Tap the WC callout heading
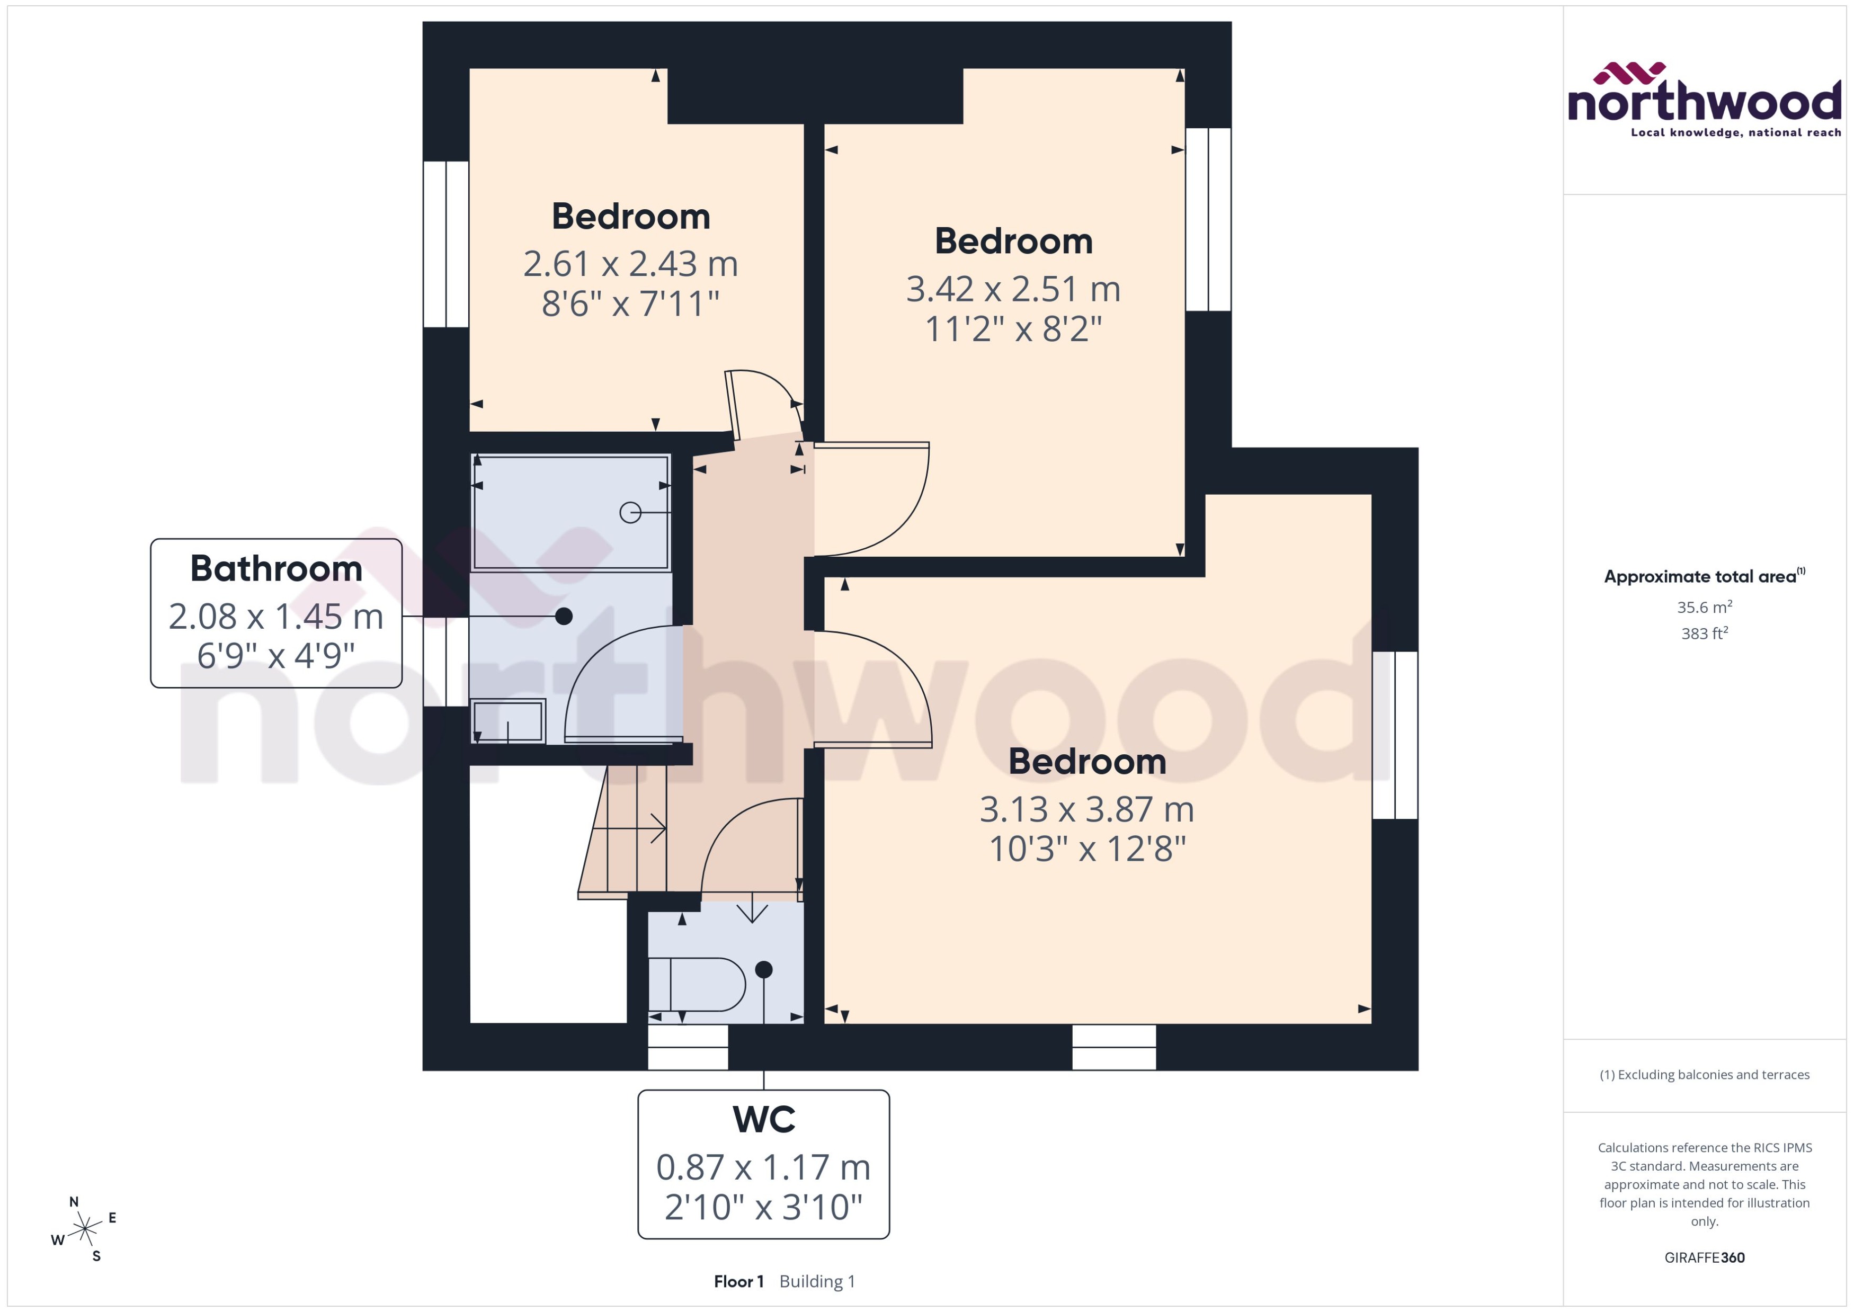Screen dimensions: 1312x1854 coord(763,1120)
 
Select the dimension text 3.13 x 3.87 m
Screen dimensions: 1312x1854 coord(1086,809)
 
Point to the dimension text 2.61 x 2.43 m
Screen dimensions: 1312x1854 coord(630,263)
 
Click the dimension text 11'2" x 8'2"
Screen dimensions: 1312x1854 coord(1013,329)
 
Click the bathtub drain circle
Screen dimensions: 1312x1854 coord(630,512)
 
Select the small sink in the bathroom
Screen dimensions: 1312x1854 coord(508,721)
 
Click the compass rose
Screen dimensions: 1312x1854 coord(85,1229)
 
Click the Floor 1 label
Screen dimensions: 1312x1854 coord(738,1281)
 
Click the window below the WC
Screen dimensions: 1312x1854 coord(688,1047)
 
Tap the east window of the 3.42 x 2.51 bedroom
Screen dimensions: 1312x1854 coord(1208,219)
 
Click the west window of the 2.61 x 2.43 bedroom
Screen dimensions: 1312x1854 coord(446,244)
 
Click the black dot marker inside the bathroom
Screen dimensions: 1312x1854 coord(564,617)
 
